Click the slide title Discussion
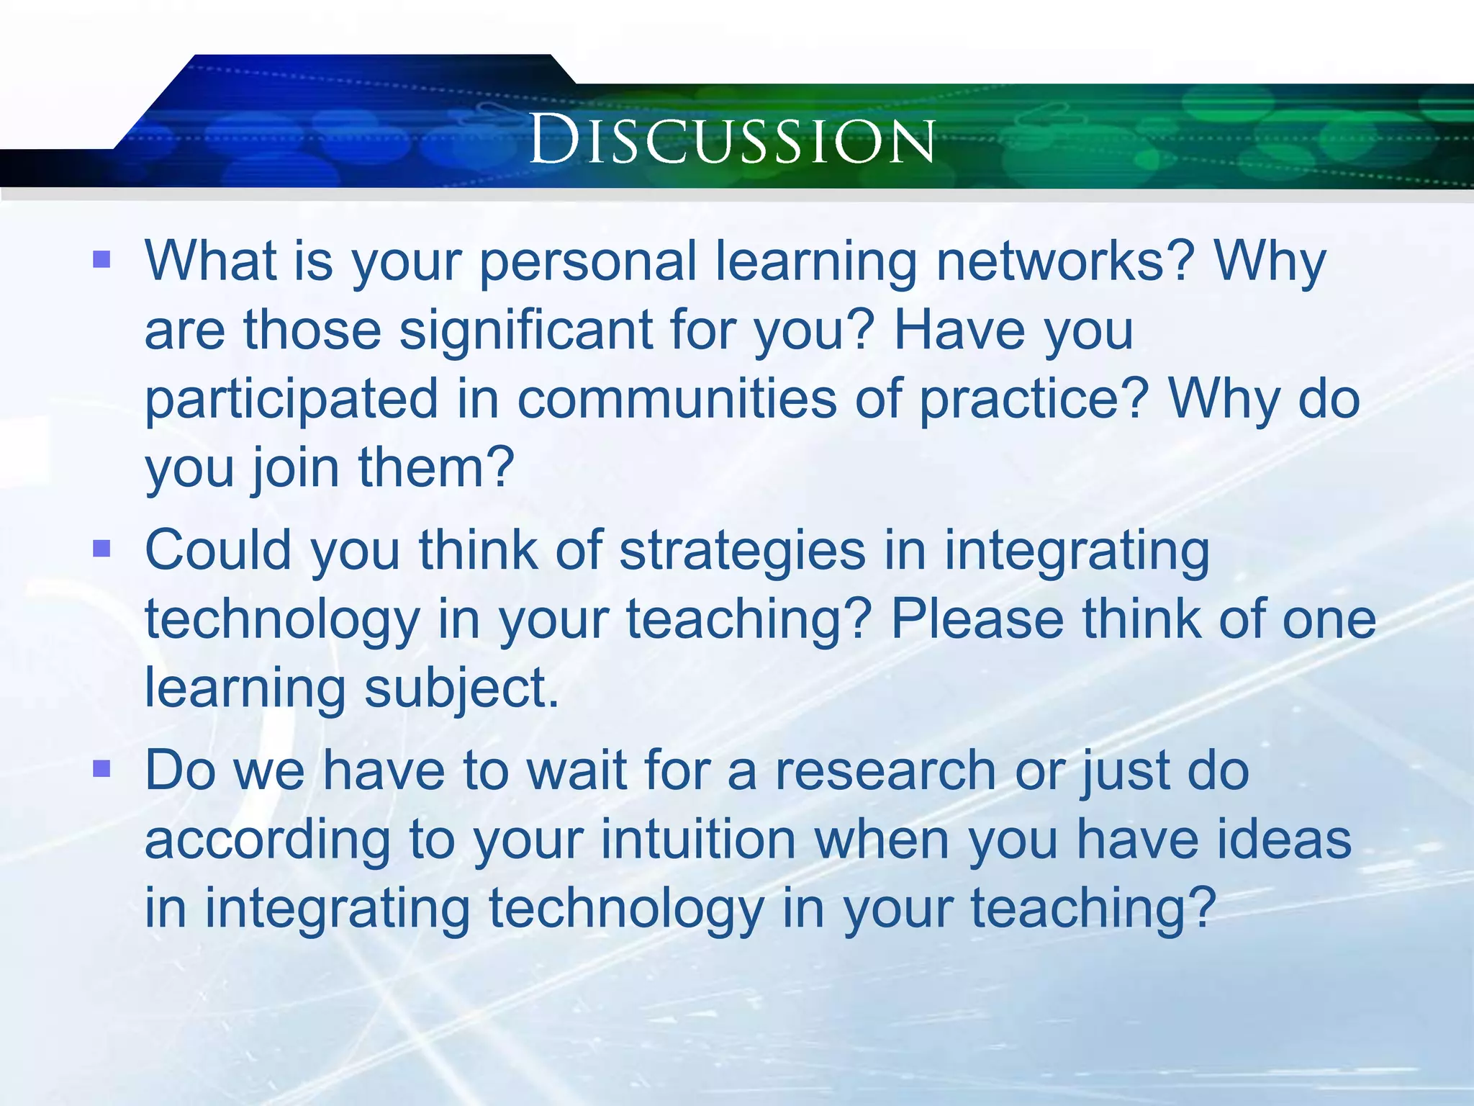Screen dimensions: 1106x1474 point(732,139)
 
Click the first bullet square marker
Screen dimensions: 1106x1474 point(102,259)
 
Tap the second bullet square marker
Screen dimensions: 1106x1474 point(102,549)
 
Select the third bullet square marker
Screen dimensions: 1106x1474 point(102,769)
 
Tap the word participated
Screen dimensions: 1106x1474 point(291,400)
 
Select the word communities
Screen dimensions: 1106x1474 point(677,400)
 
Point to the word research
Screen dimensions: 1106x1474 point(886,770)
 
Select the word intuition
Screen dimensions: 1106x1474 point(698,840)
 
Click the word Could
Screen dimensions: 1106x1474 point(218,551)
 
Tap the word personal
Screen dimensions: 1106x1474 point(588,262)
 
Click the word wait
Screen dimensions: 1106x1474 point(577,770)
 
